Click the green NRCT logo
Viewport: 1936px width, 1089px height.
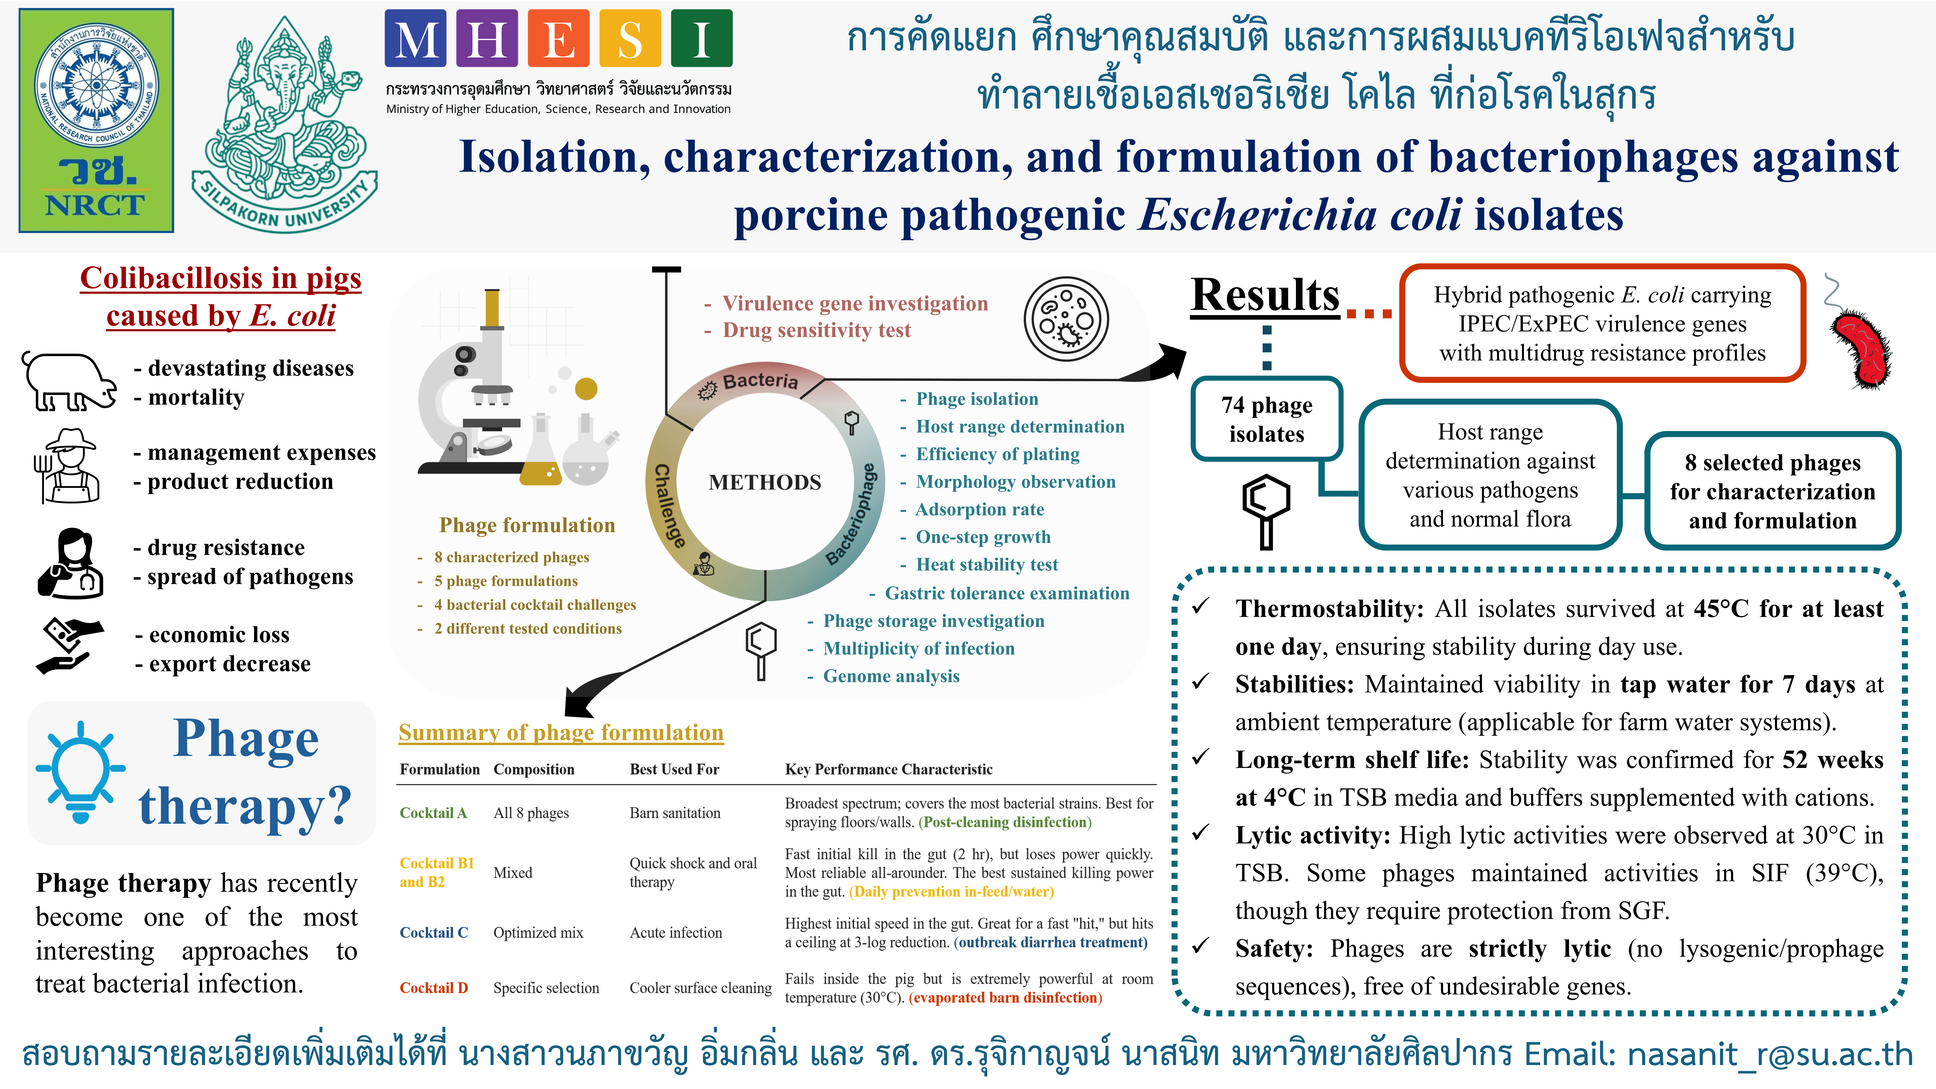coord(96,120)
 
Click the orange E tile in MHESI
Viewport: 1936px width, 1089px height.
coord(558,38)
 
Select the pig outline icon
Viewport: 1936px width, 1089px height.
coord(69,382)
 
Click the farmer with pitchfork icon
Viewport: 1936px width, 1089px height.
coord(68,466)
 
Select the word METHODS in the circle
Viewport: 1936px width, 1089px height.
coord(765,483)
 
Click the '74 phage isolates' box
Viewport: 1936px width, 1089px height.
coord(1267,419)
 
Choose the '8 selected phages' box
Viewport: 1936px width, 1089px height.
coord(1773,492)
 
